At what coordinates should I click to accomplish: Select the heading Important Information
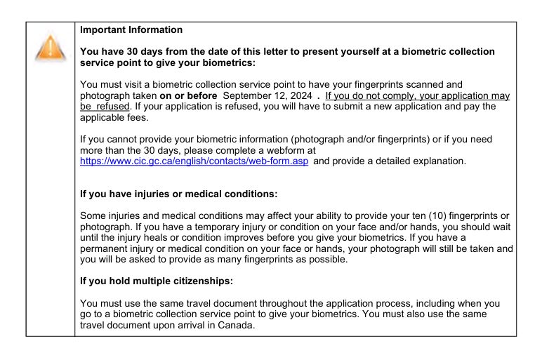[131, 30]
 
